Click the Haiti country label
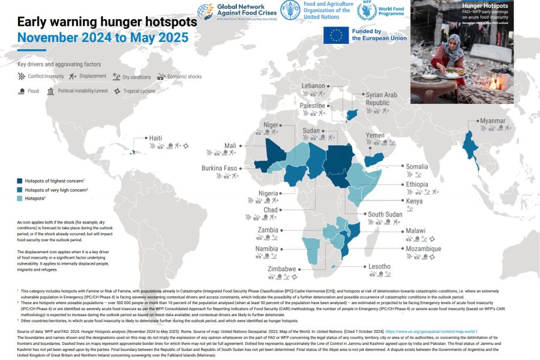click(155, 138)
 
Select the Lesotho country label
click(379, 266)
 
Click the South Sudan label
click(385, 214)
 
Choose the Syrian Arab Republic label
click(382, 99)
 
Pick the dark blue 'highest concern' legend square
click(20, 181)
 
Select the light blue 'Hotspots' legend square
click(20, 199)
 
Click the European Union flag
click(336, 35)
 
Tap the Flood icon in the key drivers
click(22, 91)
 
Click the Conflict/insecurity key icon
click(22, 77)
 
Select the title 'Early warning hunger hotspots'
click(107, 22)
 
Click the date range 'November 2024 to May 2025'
click(103, 38)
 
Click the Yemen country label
click(375, 136)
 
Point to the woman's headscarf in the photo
click(455, 43)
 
